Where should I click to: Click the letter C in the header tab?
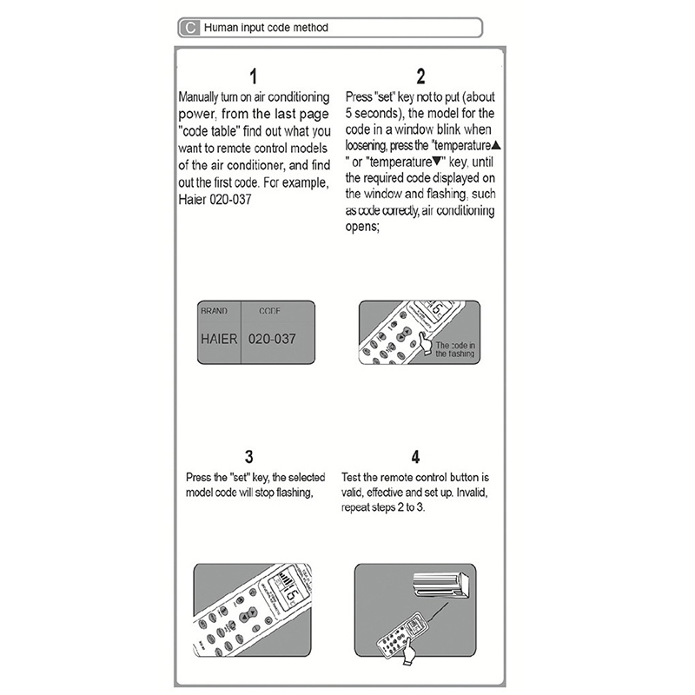(190, 28)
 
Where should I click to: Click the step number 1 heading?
(254, 76)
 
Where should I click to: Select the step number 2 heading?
(420, 76)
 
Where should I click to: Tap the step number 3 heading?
(249, 457)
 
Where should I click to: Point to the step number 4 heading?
(416, 457)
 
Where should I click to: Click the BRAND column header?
(214, 310)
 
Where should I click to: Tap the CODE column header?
(270, 310)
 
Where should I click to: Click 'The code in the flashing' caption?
(454, 349)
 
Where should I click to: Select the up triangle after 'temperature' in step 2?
(496, 146)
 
